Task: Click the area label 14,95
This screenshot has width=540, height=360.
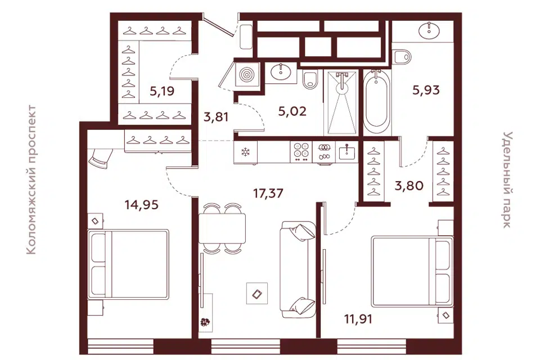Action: pyautogui.click(x=142, y=205)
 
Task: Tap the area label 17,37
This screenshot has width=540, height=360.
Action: pyautogui.click(x=268, y=193)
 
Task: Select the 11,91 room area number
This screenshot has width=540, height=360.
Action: pyautogui.click(x=358, y=319)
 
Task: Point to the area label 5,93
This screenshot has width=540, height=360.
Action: pyautogui.click(x=426, y=90)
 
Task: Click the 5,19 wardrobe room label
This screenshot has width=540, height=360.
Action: pyautogui.click(x=162, y=91)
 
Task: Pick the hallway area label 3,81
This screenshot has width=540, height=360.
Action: pyautogui.click(x=216, y=117)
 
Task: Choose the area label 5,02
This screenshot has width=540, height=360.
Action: pyautogui.click(x=292, y=111)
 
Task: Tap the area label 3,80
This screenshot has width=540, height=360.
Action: pyautogui.click(x=409, y=186)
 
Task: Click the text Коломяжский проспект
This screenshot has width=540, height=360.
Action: pyautogui.click(x=31, y=180)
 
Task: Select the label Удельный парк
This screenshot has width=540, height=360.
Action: pyautogui.click(x=507, y=179)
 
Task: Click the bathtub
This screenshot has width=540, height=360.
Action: pyautogui.click(x=377, y=102)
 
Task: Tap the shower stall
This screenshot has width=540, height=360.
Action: pyautogui.click(x=341, y=102)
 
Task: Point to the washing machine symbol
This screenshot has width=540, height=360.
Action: pyautogui.click(x=247, y=74)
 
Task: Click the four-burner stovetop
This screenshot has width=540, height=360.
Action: pyautogui.click(x=301, y=152)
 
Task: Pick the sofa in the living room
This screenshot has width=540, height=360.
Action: pyautogui.click(x=298, y=269)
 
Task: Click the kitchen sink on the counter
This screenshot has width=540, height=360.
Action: pyautogui.click(x=347, y=152)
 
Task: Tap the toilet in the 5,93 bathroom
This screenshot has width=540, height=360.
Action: pyautogui.click(x=402, y=57)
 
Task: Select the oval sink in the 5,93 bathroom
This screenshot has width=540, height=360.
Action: pyautogui.click(x=429, y=31)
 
